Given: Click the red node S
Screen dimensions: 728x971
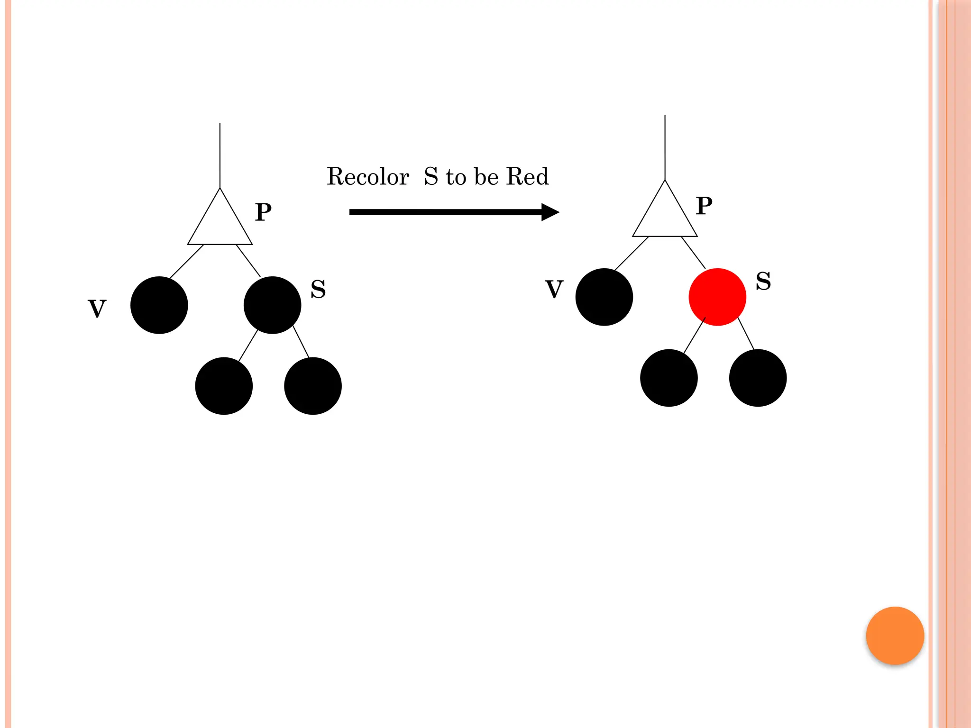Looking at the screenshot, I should click(717, 297).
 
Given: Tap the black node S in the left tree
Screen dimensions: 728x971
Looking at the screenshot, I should click(272, 305).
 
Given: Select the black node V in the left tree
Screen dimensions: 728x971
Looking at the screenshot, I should click(159, 305).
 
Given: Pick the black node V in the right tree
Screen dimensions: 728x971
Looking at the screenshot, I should click(604, 297).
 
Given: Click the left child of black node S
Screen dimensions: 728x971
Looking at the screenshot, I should click(224, 386).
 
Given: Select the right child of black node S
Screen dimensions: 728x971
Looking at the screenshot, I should click(313, 386).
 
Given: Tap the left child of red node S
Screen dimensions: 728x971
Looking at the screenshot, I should click(669, 378).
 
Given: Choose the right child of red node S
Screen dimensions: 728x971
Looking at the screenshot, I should click(758, 378).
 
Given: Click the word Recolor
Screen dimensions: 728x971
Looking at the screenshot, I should click(368, 177).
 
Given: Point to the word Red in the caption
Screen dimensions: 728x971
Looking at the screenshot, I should click(527, 177).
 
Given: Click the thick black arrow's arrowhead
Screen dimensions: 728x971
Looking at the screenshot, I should click(550, 212).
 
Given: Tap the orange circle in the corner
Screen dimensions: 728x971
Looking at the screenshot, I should click(895, 636).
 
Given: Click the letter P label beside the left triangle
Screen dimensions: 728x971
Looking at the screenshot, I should click(263, 212).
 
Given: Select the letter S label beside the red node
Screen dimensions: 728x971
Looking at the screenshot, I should click(763, 281).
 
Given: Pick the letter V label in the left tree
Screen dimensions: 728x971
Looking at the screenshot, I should click(97, 309).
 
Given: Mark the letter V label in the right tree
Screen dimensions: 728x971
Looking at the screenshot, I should click(554, 289).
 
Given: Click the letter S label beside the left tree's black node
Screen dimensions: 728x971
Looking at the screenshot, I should click(318, 289).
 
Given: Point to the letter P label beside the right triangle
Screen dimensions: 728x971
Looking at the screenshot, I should click(704, 206).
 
